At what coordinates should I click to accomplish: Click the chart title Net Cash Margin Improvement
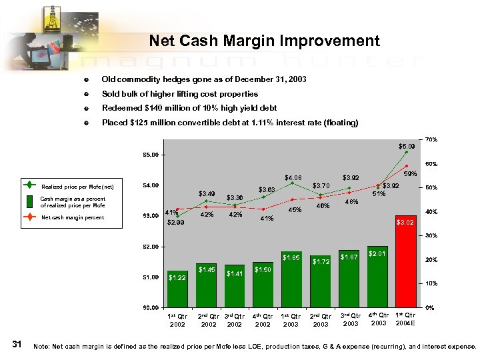tap(264, 41)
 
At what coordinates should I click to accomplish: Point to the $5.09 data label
tap(406, 145)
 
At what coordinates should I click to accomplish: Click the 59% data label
tap(411, 174)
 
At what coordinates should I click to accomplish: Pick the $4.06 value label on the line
tap(293, 178)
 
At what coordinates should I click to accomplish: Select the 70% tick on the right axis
tap(431, 139)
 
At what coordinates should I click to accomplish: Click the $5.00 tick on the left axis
tap(150, 155)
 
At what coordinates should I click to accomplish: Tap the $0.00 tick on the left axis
tap(150, 308)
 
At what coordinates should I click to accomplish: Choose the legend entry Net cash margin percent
tap(73, 217)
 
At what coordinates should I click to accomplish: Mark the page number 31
tap(18, 344)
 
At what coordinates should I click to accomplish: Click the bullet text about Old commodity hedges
tap(203, 79)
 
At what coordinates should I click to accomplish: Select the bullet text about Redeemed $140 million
tap(189, 108)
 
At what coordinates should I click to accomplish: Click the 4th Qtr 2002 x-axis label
tap(263, 320)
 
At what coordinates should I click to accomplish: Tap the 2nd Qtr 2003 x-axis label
tap(321, 320)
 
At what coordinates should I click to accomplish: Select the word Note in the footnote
tap(41, 347)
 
